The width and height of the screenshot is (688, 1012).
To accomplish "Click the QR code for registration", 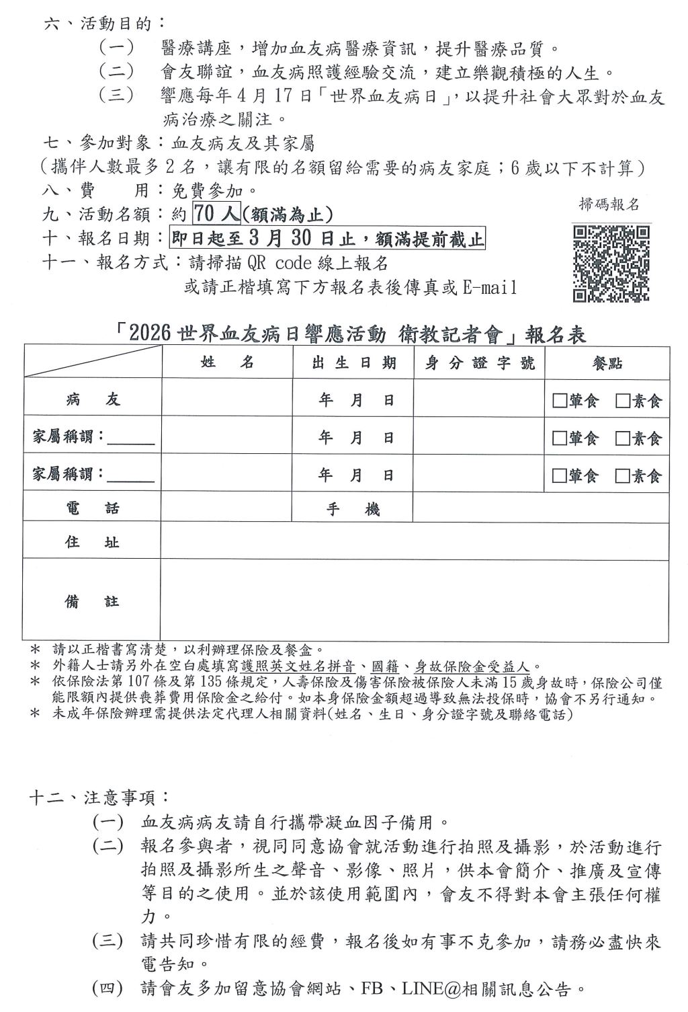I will (x=611, y=264).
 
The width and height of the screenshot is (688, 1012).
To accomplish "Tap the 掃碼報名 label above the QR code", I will (x=609, y=205).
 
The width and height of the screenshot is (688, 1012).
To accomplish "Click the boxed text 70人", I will (x=216, y=214).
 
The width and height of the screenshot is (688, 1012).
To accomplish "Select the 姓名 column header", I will (x=228, y=362).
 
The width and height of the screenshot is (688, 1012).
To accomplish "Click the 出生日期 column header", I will (x=353, y=363).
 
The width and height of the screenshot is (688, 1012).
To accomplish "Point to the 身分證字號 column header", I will (x=480, y=363).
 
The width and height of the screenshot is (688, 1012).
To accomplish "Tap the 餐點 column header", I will (x=607, y=363).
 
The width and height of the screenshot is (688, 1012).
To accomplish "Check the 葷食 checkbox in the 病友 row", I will (x=559, y=401).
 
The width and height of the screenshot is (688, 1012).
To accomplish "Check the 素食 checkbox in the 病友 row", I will (x=622, y=401).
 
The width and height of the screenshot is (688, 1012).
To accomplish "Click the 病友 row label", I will (x=93, y=400).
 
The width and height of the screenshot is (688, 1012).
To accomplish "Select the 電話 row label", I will (x=93, y=508).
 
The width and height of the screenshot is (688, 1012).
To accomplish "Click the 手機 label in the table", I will (x=353, y=510).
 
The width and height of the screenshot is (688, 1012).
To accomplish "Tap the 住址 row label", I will (x=93, y=542).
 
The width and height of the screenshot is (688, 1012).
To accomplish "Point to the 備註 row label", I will (x=93, y=601).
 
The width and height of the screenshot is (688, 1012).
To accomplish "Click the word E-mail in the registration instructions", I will (x=490, y=288).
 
